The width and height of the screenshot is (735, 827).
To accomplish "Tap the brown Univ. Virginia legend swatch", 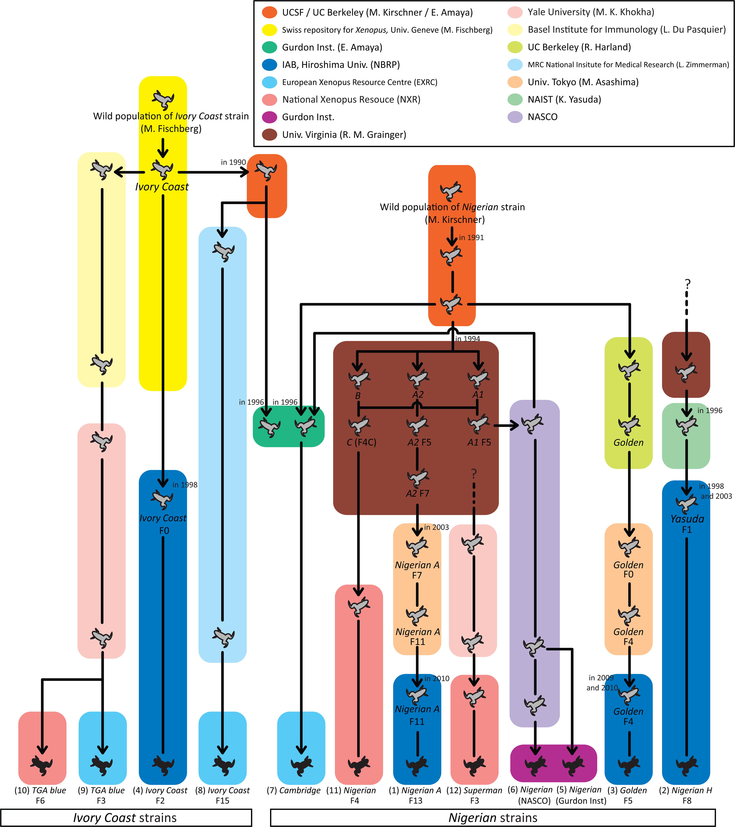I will [x=269, y=135].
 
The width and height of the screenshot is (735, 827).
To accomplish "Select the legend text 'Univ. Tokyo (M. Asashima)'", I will [x=583, y=82].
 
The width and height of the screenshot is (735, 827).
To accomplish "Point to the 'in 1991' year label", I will [x=471, y=237].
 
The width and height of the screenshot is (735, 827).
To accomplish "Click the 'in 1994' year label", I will [x=468, y=339].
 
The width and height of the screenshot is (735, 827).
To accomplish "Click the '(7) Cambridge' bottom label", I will [x=294, y=790].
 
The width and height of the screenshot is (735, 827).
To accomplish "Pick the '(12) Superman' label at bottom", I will [x=474, y=790].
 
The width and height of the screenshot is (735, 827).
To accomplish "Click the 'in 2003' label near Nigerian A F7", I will [x=437, y=527].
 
